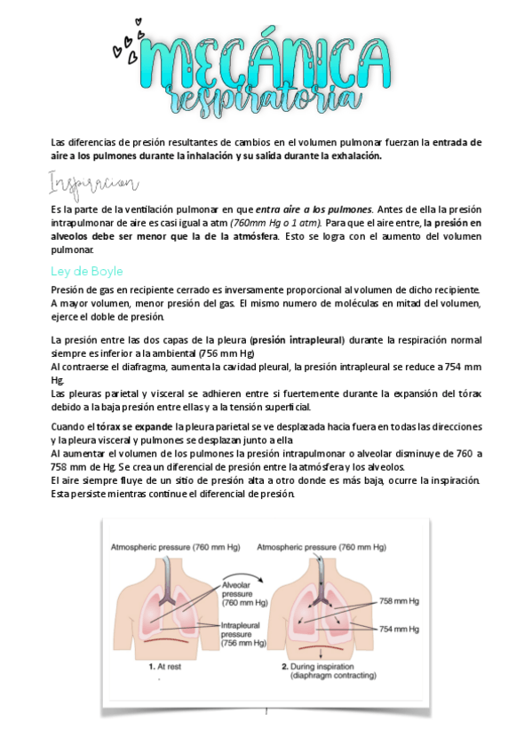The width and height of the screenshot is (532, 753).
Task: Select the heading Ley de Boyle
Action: click(87, 271)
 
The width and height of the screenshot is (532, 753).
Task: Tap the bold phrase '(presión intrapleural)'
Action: click(297, 340)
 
